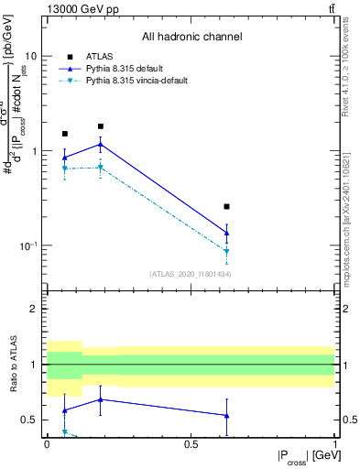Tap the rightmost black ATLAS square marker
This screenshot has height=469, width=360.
point(227,207)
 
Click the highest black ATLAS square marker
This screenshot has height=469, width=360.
point(101,126)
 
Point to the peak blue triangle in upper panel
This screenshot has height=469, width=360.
point(101,144)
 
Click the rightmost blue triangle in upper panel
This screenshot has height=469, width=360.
point(227,233)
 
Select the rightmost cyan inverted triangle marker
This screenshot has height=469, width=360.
point(227,251)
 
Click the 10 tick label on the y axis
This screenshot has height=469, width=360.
point(30,56)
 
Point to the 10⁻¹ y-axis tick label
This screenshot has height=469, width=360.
point(27,246)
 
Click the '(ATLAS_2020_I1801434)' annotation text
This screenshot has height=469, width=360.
point(190,274)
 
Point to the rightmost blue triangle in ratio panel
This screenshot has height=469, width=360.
point(227,415)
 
